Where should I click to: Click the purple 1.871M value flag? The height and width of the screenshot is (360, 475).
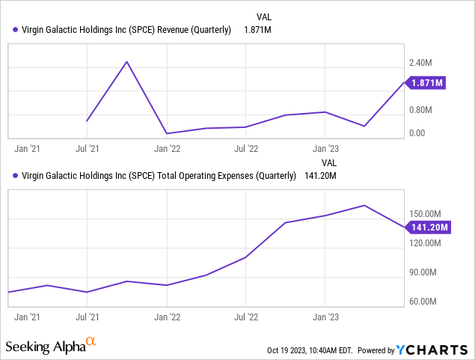[426, 82]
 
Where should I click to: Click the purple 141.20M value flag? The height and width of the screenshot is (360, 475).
[426, 227]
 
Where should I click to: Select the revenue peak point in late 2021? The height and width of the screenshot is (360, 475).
[127, 61]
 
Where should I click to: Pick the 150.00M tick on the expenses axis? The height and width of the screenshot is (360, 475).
[426, 213]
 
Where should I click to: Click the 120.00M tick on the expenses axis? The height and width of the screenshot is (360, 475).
[426, 243]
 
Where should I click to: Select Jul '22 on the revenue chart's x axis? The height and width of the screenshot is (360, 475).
[245, 149]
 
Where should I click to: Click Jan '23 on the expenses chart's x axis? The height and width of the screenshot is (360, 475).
[325, 317]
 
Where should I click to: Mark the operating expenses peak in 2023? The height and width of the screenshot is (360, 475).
[364, 205]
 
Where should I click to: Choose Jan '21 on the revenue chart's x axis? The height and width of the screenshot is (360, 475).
[27, 149]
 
